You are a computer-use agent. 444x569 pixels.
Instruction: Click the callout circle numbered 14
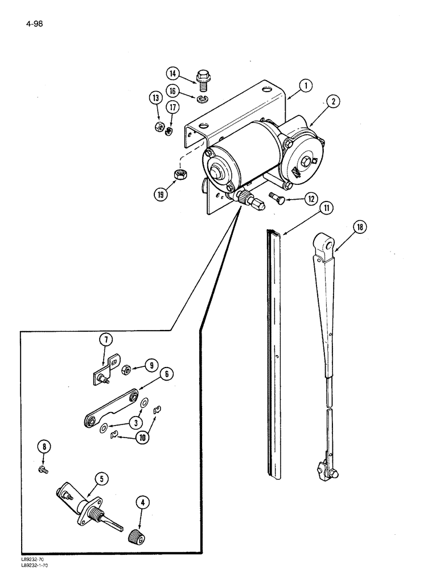pos(174,73)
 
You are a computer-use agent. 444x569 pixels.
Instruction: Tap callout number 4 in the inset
pos(142,502)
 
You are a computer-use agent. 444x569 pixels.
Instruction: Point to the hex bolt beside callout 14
pos(201,77)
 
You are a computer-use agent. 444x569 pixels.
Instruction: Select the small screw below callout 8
pos(44,468)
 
